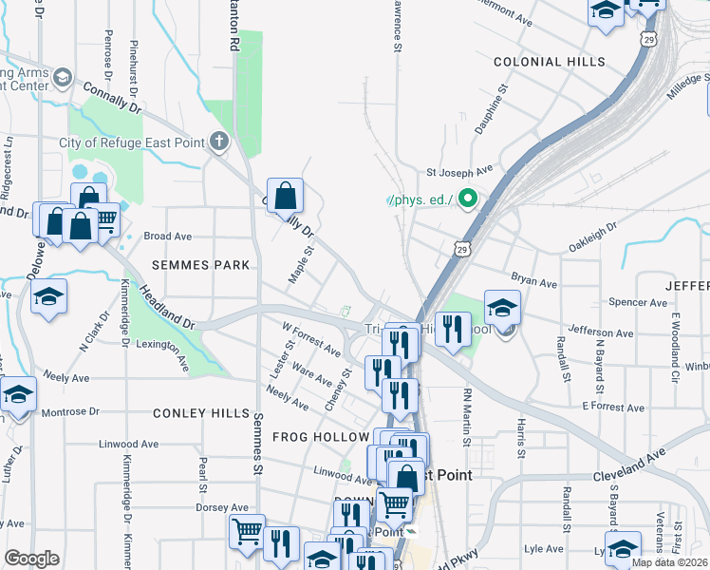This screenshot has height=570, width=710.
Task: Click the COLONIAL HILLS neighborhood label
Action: click(549, 62)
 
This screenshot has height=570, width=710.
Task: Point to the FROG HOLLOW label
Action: click(319, 437)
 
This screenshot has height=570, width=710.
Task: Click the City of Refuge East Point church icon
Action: click(219, 142)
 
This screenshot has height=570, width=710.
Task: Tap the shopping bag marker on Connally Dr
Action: click(285, 197)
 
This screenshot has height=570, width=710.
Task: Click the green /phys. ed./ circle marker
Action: click(466, 199)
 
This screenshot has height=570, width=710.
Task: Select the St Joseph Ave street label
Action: click(459, 173)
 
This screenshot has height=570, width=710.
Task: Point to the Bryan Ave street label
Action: click(533, 282)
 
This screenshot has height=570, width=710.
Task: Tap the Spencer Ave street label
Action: click(640, 303)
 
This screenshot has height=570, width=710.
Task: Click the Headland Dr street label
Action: click(166, 307)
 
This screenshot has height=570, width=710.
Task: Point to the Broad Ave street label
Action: click(167, 237)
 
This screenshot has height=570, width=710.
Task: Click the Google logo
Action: click(31, 559)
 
